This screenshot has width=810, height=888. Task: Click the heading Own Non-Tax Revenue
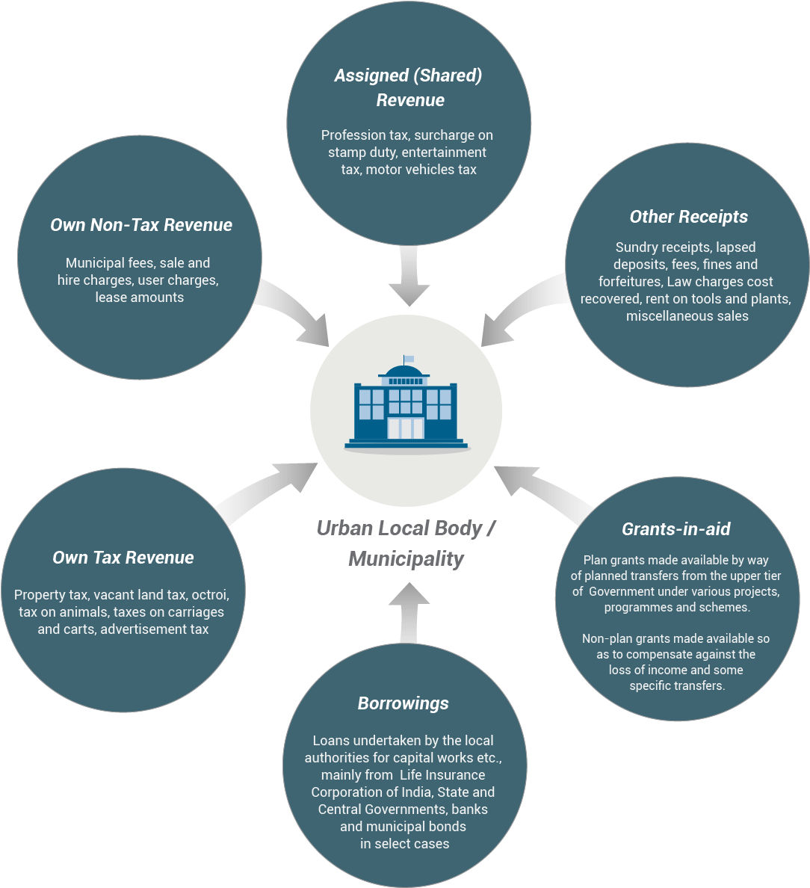pos(141,225)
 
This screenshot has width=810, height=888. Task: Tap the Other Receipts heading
pos(688,217)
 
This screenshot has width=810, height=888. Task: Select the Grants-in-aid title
pos(675,529)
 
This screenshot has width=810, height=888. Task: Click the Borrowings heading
pos(403,703)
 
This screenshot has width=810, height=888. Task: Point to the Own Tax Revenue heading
pos(123,558)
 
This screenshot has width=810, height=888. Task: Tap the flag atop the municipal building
pos(408,359)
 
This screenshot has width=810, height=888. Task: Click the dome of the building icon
pos(406,371)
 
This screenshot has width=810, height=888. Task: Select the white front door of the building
pos(405,428)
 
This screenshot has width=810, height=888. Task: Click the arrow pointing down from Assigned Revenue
pos(409,277)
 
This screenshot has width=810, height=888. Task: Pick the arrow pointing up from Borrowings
pos(408,609)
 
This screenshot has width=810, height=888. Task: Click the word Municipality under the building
pos(406,559)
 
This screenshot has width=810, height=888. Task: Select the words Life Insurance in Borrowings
pos(448,775)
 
